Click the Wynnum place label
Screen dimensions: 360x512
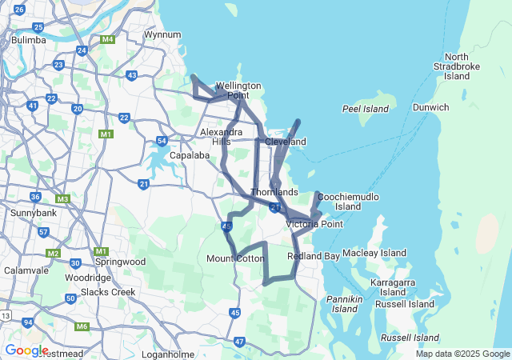(x=162, y=34)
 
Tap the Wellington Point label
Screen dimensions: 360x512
(x=238, y=90)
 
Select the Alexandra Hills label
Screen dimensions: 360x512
(x=221, y=136)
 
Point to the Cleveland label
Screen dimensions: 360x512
(x=286, y=142)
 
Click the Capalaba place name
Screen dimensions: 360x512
(x=189, y=155)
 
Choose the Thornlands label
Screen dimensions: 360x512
(x=274, y=192)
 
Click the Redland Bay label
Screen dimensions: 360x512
(x=314, y=256)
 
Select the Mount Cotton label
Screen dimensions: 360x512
(x=235, y=258)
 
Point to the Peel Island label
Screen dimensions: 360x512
(x=366, y=109)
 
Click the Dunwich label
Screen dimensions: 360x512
(x=431, y=107)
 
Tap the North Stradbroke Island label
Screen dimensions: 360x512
(x=457, y=66)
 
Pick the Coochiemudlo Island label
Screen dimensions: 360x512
(x=348, y=201)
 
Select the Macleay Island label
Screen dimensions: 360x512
(x=374, y=253)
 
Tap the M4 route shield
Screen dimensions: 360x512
(x=107, y=38)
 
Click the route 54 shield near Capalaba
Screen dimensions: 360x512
(x=162, y=141)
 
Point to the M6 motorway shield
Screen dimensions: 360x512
(x=82, y=326)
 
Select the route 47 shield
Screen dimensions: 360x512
(x=240, y=342)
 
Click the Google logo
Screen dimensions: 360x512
(x=26, y=350)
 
